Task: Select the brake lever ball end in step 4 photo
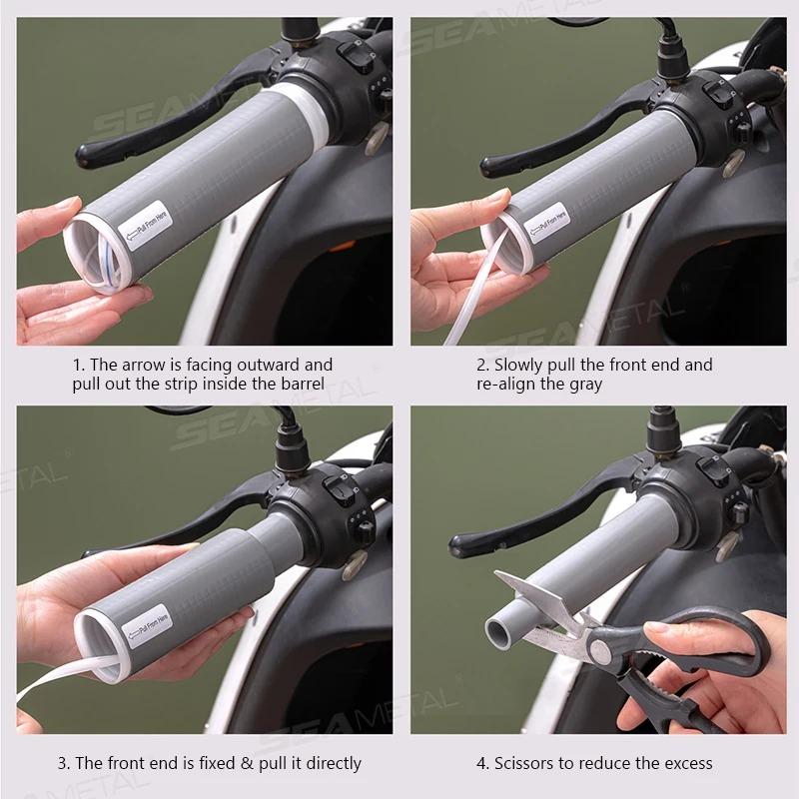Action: pos(461,544)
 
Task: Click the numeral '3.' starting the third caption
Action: pos(64,763)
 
